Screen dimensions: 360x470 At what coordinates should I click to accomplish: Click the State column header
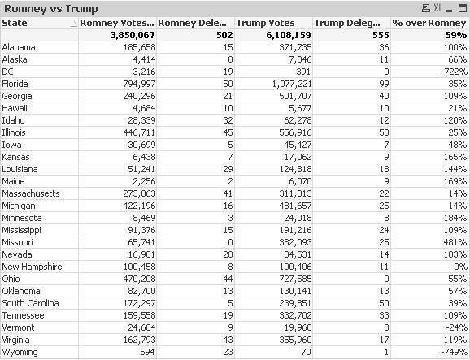pos(15,23)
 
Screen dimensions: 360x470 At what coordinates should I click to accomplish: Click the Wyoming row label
pos(21,352)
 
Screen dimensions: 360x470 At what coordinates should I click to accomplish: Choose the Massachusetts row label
pos(31,194)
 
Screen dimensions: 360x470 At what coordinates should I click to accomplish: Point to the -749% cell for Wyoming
pos(453,352)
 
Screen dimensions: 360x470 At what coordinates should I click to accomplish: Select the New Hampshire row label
pos(33,267)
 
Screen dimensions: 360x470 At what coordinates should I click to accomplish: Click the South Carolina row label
pos(30,303)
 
